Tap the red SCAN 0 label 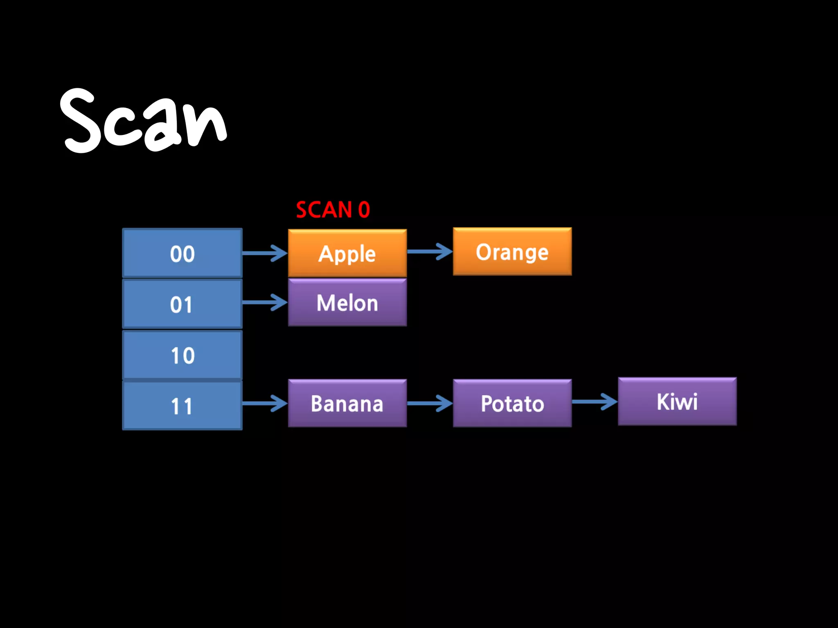[x=333, y=210]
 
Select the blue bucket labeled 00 [x=182, y=253]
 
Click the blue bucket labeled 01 [x=182, y=304]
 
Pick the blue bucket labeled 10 [x=182, y=355]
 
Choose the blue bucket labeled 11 [x=182, y=406]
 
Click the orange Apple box [x=347, y=253]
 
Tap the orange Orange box [x=512, y=252]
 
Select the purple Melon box [x=347, y=303]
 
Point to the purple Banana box [x=347, y=404]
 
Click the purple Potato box [x=512, y=404]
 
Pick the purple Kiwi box [x=677, y=401]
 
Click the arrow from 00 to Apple [x=265, y=253]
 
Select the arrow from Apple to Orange [x=430, y=251]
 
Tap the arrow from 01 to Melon [x=265, y=303]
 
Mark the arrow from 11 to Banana [x=265, y=404]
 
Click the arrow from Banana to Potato [x=430, y=404]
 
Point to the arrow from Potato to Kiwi [x=595, y=401]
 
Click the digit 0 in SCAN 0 [x=364, y=210]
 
